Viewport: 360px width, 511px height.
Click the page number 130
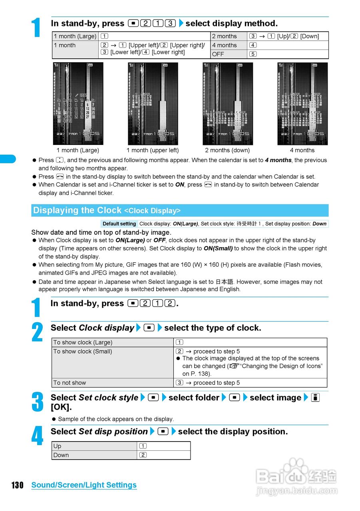[x=17, y=485]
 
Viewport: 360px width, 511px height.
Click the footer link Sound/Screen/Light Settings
[x=84, y=485]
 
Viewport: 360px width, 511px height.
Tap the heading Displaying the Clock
[x=77, y=210]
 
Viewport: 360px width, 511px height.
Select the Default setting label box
[x=119, y=224]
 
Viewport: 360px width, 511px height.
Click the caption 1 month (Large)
[x=78, y=151]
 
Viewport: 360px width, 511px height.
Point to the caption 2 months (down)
[x=227, y=151]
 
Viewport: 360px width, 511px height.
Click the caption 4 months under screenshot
[x=302, y=151]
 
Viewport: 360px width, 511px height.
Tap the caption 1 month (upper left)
[x=153, y=151]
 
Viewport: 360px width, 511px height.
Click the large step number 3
[x=37, y=402]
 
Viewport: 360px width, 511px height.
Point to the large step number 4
[x=37, y=436]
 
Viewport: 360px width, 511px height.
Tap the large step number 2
[x=37, y=333]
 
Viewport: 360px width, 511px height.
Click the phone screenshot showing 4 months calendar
[x=302, y=104]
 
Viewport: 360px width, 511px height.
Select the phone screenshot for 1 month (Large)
[x=78, y=104]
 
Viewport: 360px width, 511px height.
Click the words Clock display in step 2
[x=106, y=328]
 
